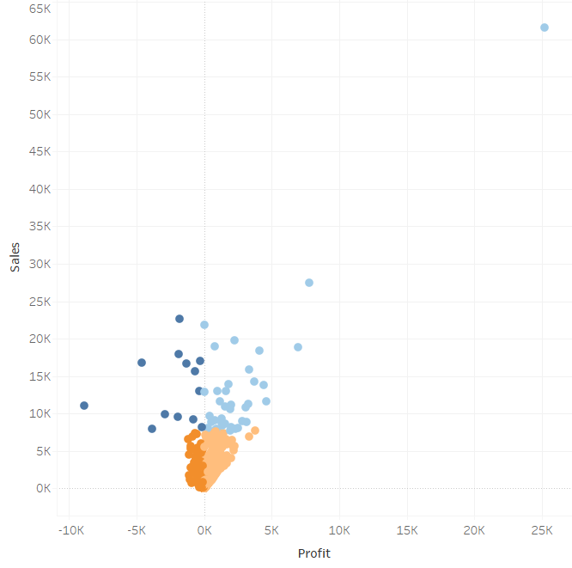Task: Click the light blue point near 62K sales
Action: coord(544,27)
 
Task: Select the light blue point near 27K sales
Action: coord(309,283)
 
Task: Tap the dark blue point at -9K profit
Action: coord(84,406)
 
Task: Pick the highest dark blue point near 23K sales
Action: coord(180,319)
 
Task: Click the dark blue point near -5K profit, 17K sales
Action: coord(142,363)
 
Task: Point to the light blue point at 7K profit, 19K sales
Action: coord(298,347)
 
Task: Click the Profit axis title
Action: coord(313,553)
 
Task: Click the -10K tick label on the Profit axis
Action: coord(70,530)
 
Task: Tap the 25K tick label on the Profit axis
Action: coord(542,530)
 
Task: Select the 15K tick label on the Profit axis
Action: coord(407,530)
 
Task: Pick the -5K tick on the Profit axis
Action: coord(137,530)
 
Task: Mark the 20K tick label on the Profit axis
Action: coord(475,530)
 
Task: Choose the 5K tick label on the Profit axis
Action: coord(272,530)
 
